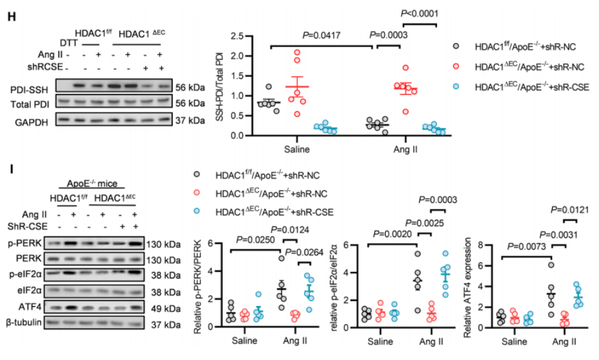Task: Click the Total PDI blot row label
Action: [x=30, y=102]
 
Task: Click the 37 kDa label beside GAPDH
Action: [x=189, y=117]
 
